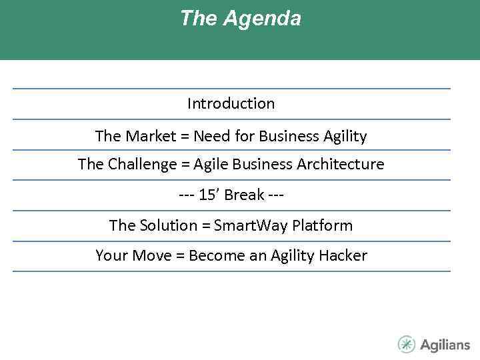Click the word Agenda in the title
[x=262, y=19]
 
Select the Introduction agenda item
[x=231, y=103]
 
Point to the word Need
[x=209, y=136]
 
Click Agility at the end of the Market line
[x=345, y=136]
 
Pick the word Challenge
[x=137, y=164]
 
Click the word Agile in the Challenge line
[x=210, y=164]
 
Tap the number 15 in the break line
[x=207, y=195]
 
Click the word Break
[x=244, y=195]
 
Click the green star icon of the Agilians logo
[x=407, y=344]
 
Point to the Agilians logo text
[x=445, y=345]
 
